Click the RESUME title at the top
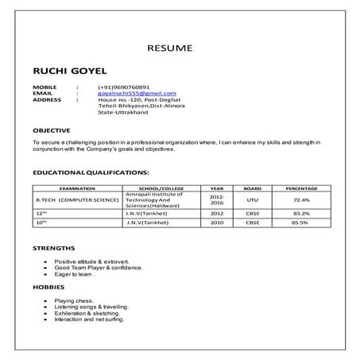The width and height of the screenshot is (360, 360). tap(169, 48)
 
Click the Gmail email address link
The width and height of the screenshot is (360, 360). tap(137, 93)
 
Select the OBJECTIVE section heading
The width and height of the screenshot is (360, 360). tap(52, 129)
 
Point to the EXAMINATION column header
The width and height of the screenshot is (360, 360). tap(78, 188)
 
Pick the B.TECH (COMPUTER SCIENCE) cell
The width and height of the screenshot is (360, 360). tap(78, 201)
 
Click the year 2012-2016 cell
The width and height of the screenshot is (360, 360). tap(217, 201)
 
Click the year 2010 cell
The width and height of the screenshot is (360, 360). tap(217, 223)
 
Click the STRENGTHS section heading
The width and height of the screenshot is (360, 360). tap(54, 249)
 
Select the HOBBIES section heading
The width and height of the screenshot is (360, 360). tap(48, 286)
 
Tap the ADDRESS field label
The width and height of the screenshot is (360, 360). tap(47, 99)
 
